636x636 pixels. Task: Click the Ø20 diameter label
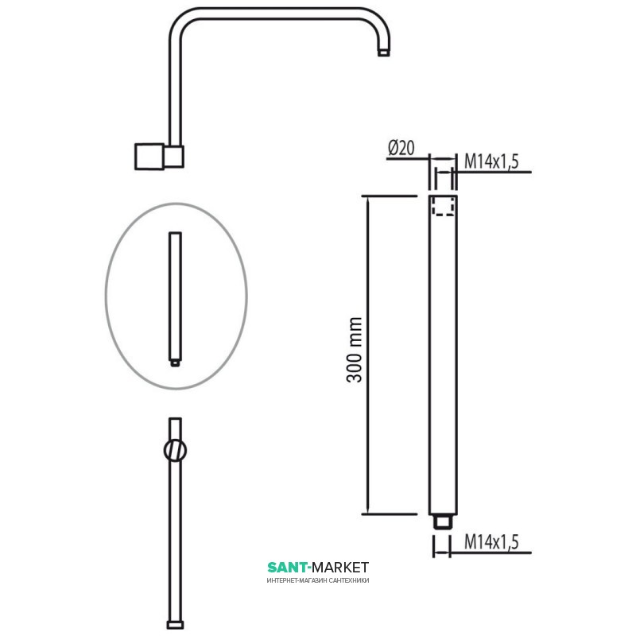coord(401,148)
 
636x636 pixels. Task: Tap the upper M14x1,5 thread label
coord(491,161)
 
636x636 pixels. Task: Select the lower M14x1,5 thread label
coord(491,542)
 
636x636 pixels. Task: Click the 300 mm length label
coord(354,350)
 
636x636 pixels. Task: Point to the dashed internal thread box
coord(443,206)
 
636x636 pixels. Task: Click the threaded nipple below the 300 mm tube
coord(443,522)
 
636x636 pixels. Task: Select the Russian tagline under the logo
coord(318,580)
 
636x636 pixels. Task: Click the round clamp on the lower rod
coord(175,450)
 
